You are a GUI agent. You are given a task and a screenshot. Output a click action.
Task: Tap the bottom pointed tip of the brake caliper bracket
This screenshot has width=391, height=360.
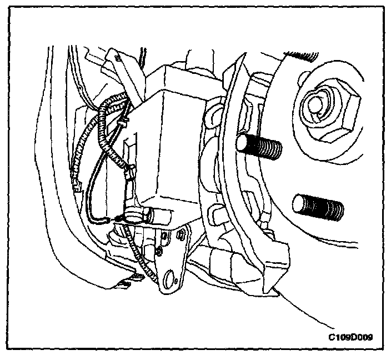coord(276,290)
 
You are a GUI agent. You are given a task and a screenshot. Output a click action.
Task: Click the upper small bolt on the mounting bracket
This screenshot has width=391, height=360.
coord(166,239)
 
